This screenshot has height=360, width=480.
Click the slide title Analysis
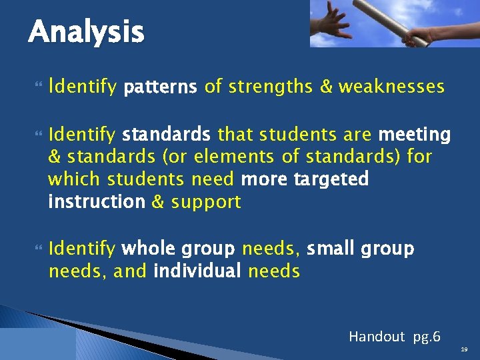[x=86, y=31]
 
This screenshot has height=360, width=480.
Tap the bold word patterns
[x=161, y=87]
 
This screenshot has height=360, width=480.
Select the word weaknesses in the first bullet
[x=391, y=87]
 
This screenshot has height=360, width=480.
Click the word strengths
[x=280, y=87]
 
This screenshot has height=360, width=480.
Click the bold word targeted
[x=331, y=180]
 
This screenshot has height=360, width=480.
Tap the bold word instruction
[x=97, y=202]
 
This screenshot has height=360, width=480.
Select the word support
[x=206, y=202]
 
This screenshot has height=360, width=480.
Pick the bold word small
[x=331, y=249]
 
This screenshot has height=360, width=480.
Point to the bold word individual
[x=197, y=271]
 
